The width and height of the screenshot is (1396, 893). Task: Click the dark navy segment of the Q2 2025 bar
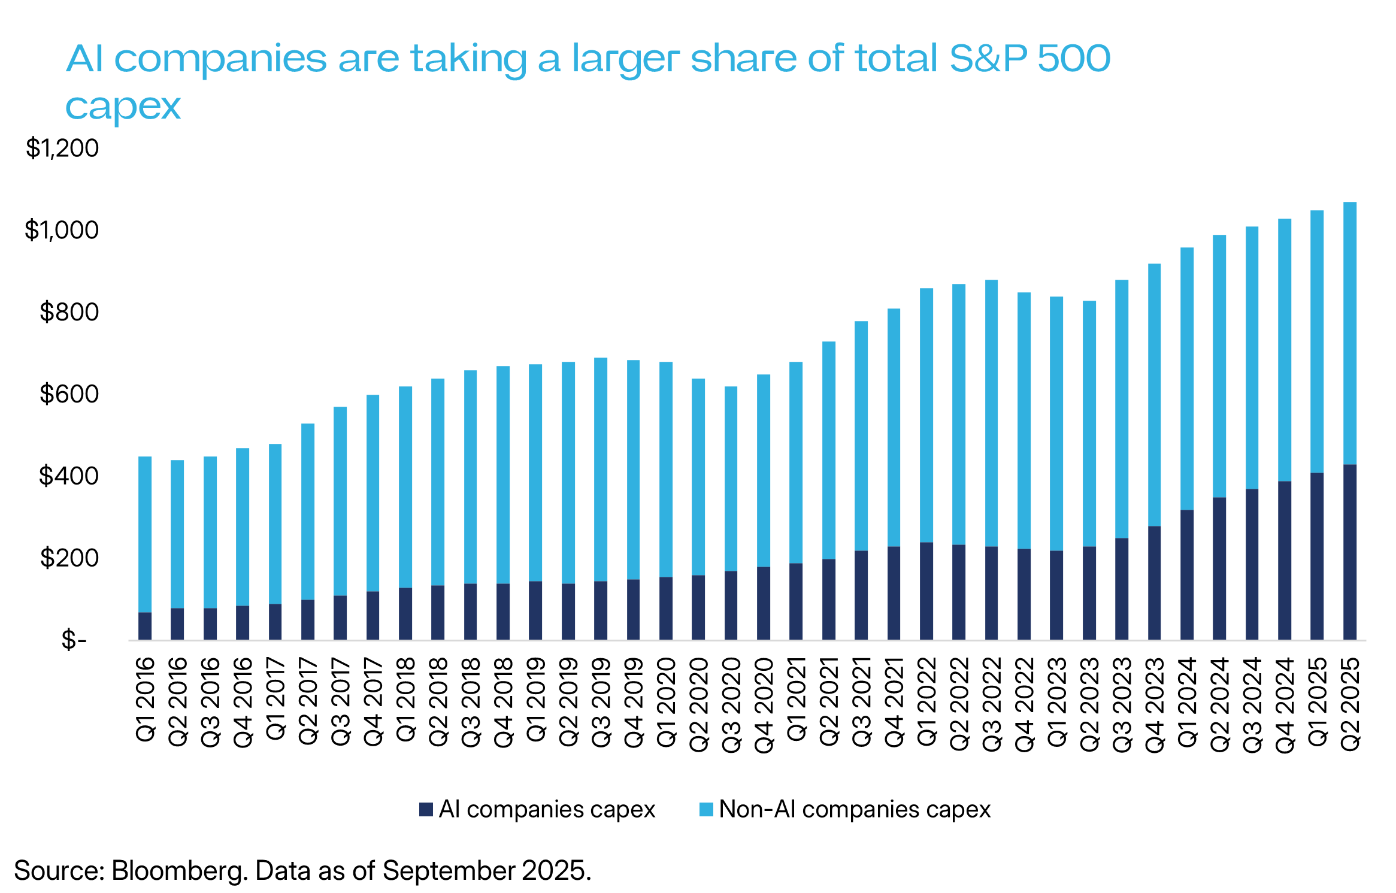[1350, 551]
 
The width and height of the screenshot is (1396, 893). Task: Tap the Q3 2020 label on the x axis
[731, 704]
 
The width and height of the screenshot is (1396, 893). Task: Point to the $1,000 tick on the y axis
[62, 230]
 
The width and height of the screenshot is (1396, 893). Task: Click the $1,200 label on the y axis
[62, 148]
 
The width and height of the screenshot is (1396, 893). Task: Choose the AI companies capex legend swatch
[426, 810]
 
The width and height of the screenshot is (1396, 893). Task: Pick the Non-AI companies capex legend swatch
[707, 810]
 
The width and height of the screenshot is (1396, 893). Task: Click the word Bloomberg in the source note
[179, 871]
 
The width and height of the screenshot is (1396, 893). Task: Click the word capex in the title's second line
[123, 107]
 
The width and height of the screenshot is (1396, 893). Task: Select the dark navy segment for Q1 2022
[926, 591]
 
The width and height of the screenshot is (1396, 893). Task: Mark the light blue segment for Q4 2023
[1155, 395]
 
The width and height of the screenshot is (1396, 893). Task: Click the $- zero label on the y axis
[74, 640]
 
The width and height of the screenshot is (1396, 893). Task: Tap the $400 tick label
[69, 476]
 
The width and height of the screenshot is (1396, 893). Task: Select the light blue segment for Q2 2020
[698, 477]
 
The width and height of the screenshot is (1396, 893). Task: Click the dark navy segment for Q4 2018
[503, 611]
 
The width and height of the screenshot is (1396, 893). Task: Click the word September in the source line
[449, 871]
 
